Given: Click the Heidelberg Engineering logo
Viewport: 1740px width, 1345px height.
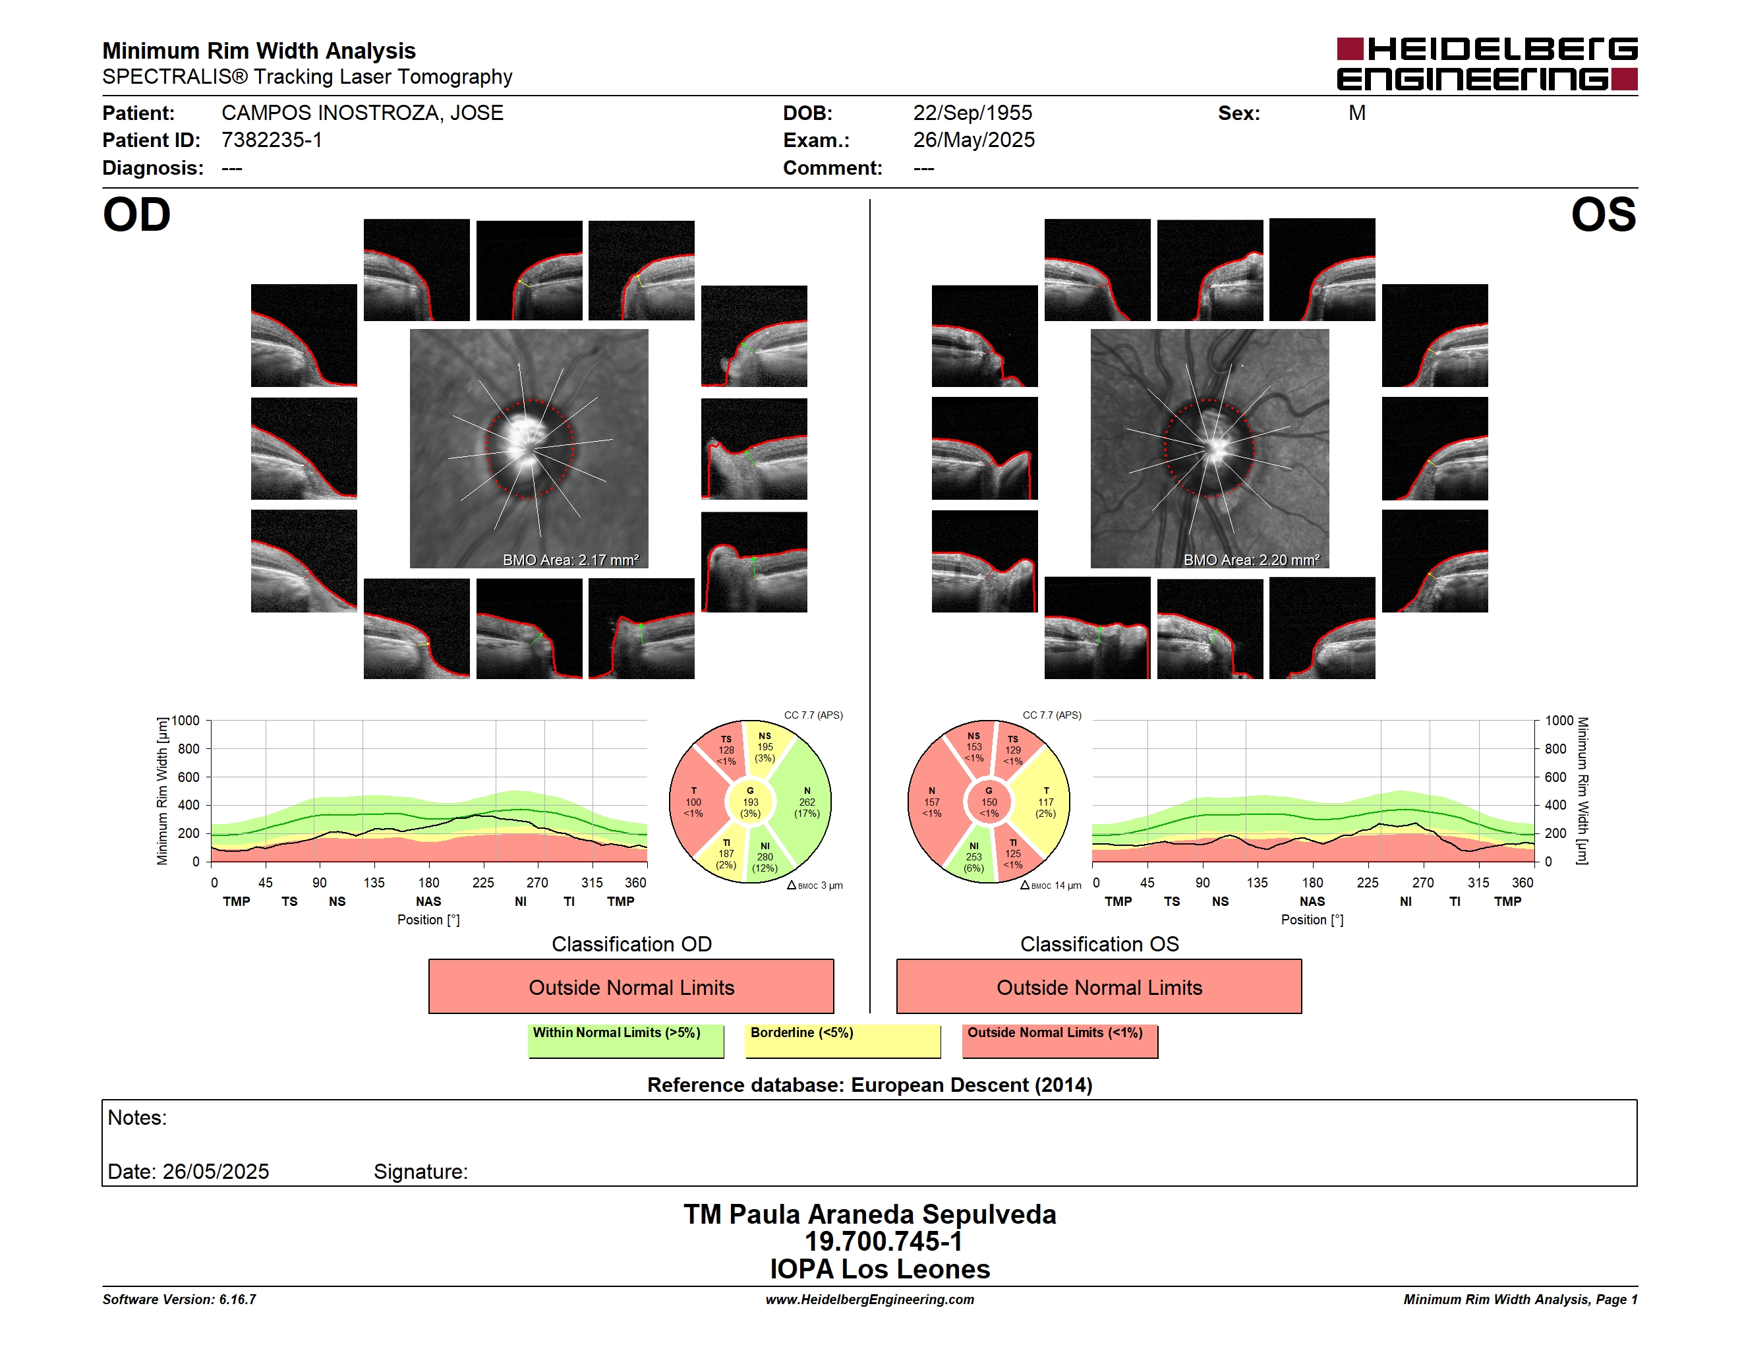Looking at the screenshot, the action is click(1487, 64).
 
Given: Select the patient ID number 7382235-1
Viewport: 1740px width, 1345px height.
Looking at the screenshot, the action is click(272, 140).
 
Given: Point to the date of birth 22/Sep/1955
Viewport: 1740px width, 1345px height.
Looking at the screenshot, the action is click(972, 113).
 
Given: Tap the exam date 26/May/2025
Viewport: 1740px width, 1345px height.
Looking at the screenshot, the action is click(973, 140).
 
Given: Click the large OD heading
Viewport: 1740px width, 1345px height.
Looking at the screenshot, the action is click(136, 215).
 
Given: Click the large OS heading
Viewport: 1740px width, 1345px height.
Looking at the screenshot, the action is click(1603, 215).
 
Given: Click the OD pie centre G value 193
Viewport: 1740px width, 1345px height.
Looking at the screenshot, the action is click(749, 802).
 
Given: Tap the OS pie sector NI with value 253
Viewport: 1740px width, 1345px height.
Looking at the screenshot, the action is click(973, 856).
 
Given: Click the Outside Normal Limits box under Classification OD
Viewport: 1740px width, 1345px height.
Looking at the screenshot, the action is click(631, 986).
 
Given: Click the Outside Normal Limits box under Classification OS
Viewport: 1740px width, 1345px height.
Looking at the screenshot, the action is click(1099, 986).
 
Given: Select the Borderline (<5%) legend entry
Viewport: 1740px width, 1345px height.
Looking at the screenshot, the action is click(842, 1040).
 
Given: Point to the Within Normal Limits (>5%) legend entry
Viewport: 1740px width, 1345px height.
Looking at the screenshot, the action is click(625, 1040).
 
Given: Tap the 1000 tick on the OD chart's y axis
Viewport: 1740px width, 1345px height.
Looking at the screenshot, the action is click(186, 721).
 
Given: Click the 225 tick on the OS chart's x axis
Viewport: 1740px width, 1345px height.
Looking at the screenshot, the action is click(1367, 882).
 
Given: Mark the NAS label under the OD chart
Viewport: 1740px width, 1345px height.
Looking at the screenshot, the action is click(428, 901).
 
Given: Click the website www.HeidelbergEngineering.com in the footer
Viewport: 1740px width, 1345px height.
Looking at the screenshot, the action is click(869, 1299).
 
